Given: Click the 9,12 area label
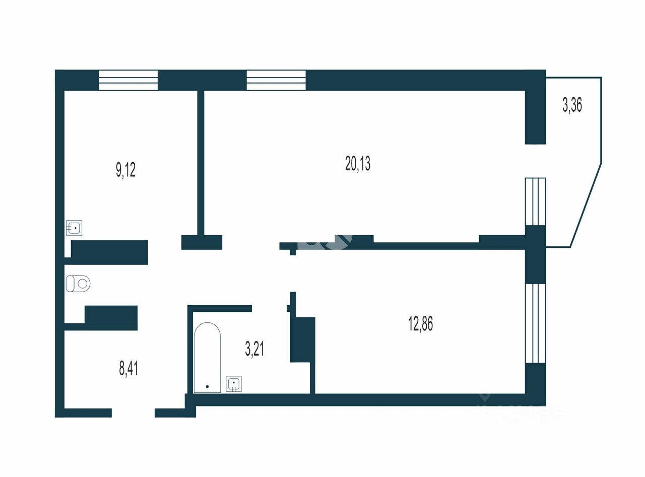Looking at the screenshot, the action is coord(126,170).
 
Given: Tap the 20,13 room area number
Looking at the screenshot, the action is coord(358,164).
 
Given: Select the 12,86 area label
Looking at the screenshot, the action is coord(420,324).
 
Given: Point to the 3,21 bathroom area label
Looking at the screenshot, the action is coord(255,348).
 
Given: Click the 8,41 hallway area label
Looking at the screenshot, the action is coord(128,368).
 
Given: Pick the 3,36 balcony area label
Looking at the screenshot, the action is coord(572,105).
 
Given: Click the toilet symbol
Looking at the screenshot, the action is coord(78,284).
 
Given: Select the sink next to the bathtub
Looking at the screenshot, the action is coord(234,384).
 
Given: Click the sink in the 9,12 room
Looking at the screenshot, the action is coord(75,228).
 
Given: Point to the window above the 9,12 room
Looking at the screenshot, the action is coord(128,80).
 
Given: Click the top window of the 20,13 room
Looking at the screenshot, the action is coord(276,80).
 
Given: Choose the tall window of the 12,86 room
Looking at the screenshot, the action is coord(535,323).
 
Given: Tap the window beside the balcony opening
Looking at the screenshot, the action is coord(535,201).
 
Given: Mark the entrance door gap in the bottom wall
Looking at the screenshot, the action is coord(133,413).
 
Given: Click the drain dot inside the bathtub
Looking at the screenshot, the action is coord(207,387).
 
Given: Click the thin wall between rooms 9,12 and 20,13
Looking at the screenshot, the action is coord(201,161).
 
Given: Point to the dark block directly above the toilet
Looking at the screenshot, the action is coord(109,252).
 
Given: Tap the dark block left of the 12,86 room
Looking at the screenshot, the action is coord(302,339).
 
